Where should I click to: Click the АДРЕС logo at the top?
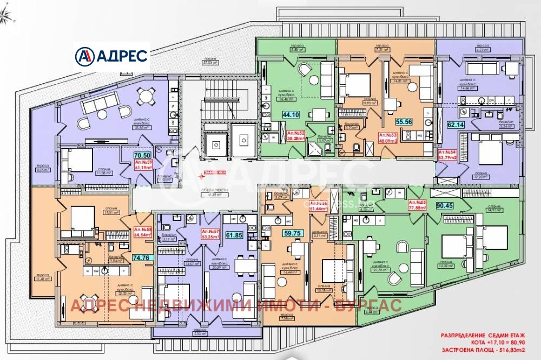click(x=113, y=55)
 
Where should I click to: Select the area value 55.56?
click(x=404, y=122)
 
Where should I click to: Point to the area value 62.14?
click(x=449, y=124)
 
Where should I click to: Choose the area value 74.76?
click(x=144, y=258)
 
